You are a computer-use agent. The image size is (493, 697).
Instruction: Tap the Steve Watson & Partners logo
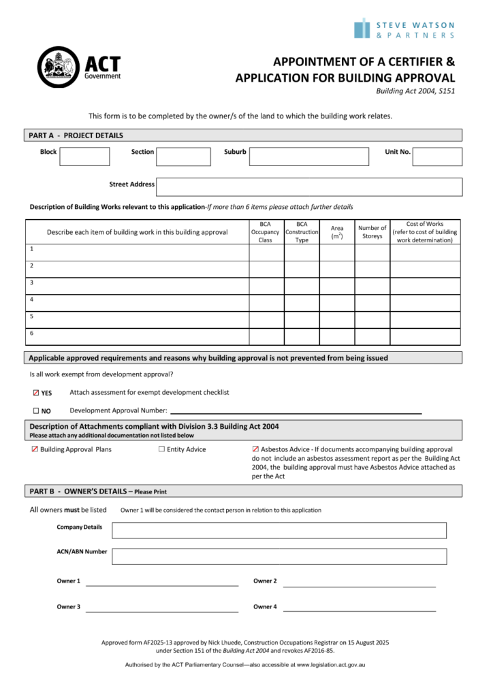[x=404, y=29]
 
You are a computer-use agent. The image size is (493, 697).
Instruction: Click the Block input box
[x=84, y=157]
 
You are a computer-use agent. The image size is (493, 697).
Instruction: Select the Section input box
[x=183, y=157]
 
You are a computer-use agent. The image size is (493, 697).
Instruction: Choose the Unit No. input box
[x=437, y=157]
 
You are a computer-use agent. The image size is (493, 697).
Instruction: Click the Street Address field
[x=310, y=187]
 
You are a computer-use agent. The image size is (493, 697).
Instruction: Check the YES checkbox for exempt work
[x=37, y=393]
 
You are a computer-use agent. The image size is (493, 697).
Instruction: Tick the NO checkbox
[x=37, y=410]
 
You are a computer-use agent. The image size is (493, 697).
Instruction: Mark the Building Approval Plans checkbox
[x=35, y=449]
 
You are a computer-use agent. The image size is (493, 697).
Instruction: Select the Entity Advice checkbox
[x=161, y=449]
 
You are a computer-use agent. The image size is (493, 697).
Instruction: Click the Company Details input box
[x=279, y=530]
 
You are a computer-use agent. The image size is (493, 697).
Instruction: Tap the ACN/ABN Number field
[x=279, y=555]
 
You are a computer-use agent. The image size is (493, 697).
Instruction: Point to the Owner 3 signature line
[x=161, y=608]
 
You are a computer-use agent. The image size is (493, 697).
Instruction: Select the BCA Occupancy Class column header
[x=265, y=232]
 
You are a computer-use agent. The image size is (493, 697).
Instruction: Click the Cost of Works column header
[x=425, y=232]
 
